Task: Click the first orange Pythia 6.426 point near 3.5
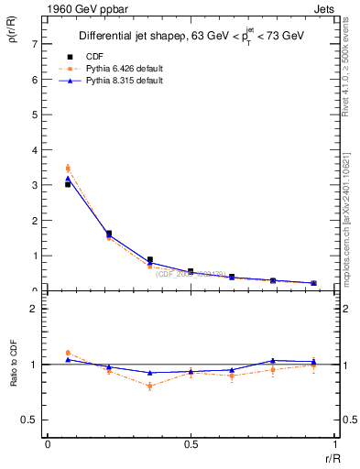(68, 168)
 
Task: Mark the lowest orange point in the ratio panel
(149, 386)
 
